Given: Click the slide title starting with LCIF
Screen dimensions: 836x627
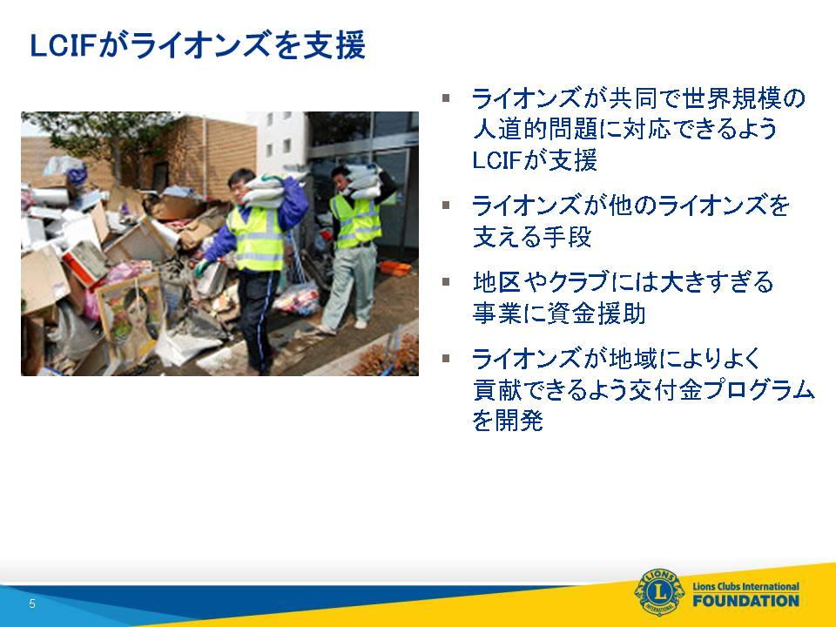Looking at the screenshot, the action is click(198, 45).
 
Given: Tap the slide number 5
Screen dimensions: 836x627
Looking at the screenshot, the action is click(32, 603).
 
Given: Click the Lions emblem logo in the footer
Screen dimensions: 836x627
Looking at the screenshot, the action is click(659, 592).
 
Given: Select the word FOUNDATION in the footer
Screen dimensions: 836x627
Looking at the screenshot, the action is click(746, 601).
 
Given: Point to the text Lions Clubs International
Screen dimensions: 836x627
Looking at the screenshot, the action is click(746, 586).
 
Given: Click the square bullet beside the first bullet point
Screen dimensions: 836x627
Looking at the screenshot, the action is click(446, 98).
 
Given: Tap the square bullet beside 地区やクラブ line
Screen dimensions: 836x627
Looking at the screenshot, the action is click(446, 281).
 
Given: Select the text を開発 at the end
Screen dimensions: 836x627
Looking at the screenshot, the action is click(508, 421).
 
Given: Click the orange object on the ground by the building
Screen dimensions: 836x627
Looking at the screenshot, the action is click(395, 268).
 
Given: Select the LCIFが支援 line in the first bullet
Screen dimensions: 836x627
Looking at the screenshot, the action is click(534, 160).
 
